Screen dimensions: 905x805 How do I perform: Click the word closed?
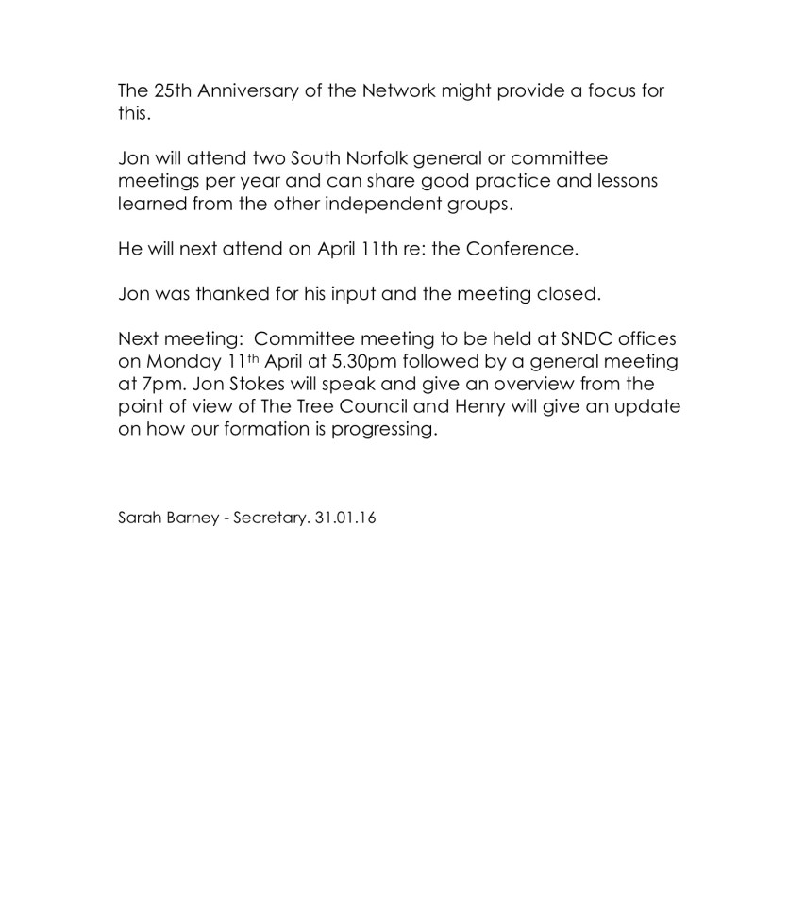pos(568,294)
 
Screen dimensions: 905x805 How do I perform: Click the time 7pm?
pos(162,385)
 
